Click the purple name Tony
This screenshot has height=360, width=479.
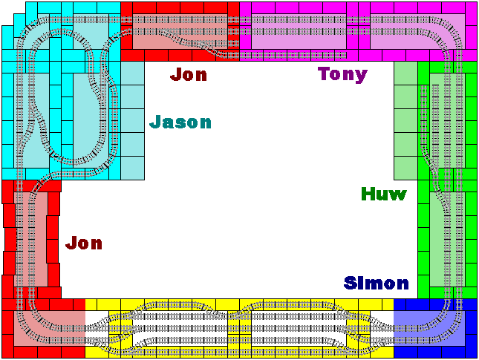tap(342, 74)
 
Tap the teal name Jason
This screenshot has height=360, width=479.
tap(180, 122)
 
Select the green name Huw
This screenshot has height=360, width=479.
tap(384, 194)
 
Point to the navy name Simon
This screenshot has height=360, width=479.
tap(376, 283)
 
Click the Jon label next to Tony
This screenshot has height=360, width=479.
tap(189, 74)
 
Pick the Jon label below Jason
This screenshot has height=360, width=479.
tap(84, 243)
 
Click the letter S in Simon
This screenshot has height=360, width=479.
tap(350, 283)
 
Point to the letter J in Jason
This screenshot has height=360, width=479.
tap(155, 122)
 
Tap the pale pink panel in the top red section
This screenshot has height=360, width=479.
tap(180, 31)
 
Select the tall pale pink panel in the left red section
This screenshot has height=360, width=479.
tap(30, 239)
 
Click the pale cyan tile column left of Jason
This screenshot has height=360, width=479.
tap(133, 120)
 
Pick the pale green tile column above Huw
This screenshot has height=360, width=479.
tap(405, 120)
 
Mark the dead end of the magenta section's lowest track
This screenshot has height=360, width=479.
tap(345, 55)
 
